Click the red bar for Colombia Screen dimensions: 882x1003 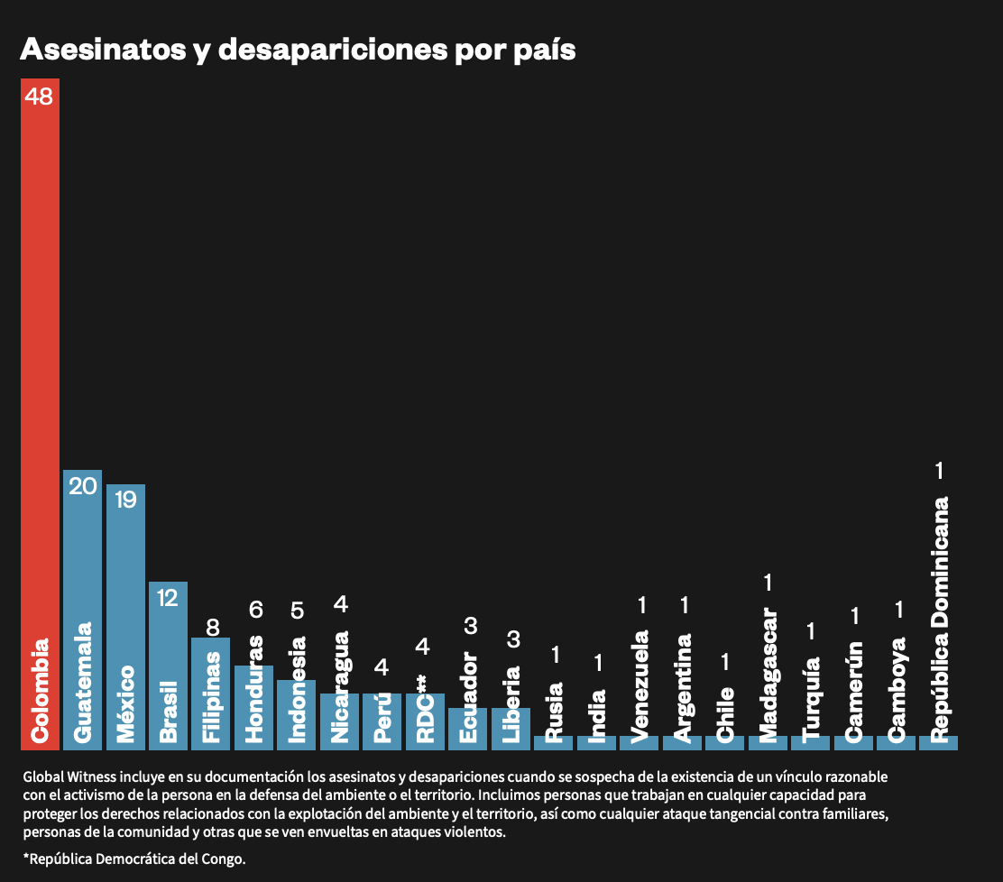[x=40, y=406]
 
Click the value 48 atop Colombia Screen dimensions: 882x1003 [x=40, y=96]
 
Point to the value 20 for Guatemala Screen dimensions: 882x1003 [x=82, y=486]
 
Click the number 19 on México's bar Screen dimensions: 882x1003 [x=125, y=500]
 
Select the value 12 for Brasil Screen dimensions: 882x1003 [x=168, y=597]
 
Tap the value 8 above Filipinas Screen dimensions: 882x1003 [x=213, y=627]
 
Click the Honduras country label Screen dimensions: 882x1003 [x=254, y=689]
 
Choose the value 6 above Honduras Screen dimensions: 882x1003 [x=255, y=611]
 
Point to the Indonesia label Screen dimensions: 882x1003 [x=298, y=690]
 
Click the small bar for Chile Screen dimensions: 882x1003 [x=724, y=743]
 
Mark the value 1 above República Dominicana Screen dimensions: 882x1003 [x=939, y=470]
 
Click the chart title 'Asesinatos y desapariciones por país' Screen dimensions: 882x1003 [x=298, y=50]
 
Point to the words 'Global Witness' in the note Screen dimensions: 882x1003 [x=64, y=776]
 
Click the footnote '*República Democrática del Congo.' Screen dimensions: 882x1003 [x=134, y=859]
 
